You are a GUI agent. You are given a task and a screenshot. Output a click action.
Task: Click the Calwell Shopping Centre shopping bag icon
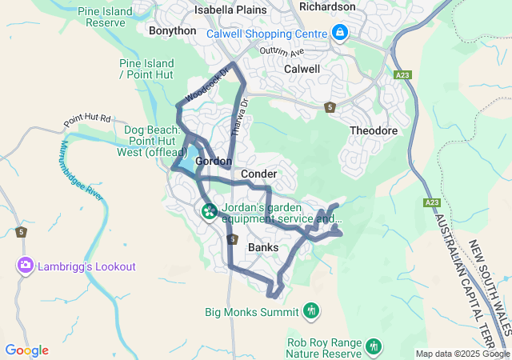coord(340,33)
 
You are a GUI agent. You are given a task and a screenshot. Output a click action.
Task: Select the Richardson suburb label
coord(327,6)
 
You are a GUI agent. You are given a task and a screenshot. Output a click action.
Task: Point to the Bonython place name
coord(172,30)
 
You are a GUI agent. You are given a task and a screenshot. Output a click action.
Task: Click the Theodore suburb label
coord(374,130)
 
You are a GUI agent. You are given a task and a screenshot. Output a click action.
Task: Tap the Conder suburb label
coord(258,174)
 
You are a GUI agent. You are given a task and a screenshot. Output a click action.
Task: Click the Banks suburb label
coord(263,247)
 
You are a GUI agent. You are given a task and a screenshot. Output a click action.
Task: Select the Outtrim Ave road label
coord(282,53)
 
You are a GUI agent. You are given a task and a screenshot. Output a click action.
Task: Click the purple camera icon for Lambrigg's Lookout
coord(26,264)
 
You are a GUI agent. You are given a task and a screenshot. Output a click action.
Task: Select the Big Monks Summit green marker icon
coord(311,310)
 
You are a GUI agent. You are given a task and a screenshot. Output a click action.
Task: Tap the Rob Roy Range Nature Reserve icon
coord(373,346)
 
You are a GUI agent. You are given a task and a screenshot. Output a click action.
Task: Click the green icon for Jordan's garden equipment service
coord(209,211)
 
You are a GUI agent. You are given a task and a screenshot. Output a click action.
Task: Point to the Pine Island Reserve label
coord(106,17)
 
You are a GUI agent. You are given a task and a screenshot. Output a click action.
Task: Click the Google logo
coord(26,350)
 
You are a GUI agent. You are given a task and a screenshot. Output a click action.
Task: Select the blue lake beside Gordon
coord(189,158)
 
